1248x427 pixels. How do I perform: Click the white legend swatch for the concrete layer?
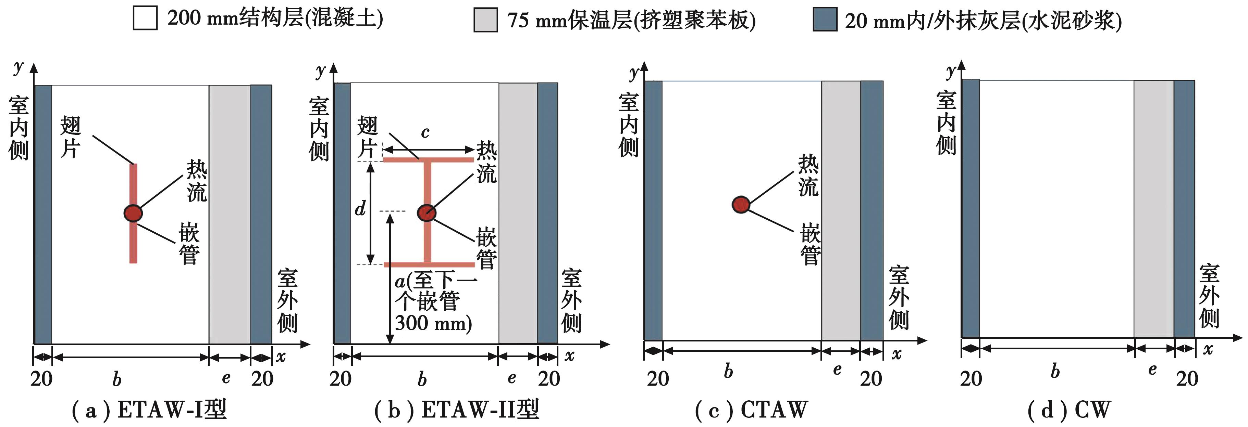145,18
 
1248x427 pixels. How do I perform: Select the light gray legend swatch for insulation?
485,20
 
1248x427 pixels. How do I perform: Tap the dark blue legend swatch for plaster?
825,20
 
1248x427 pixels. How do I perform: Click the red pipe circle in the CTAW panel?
741,205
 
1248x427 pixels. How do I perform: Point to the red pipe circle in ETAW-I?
133,213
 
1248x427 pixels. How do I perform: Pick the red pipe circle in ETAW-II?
427,212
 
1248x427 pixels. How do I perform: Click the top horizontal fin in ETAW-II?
428,159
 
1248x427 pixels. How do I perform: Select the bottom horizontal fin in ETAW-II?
429,264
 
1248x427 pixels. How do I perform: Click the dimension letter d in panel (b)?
360,209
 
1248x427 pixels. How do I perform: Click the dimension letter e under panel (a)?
226,378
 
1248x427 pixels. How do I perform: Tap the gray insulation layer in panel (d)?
1153,208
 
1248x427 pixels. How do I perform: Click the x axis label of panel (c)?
897,354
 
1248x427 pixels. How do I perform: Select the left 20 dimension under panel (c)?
657,379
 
